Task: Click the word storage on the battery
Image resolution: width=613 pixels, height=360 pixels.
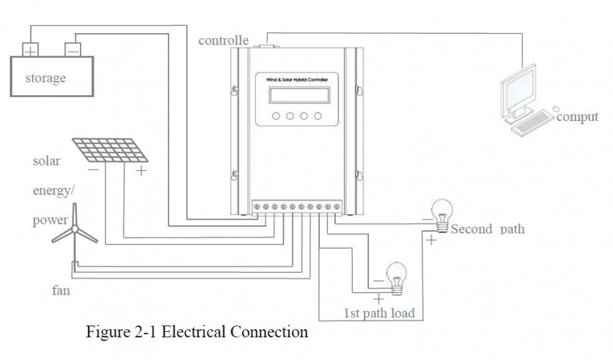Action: click(x=45, y=78)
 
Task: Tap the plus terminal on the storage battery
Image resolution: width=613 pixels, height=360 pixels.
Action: click(x=31, y=50)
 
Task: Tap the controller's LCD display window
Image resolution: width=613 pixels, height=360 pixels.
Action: click(x=292, y=96)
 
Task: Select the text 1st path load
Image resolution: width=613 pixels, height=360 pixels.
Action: click(x=379, y=313)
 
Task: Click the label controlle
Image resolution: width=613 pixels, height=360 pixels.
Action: click(x=223, y=40)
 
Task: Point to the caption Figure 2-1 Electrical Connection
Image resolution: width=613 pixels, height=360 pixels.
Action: click(x=197, y=333)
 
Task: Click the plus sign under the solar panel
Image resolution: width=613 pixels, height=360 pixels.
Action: click(x=141, y=171)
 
